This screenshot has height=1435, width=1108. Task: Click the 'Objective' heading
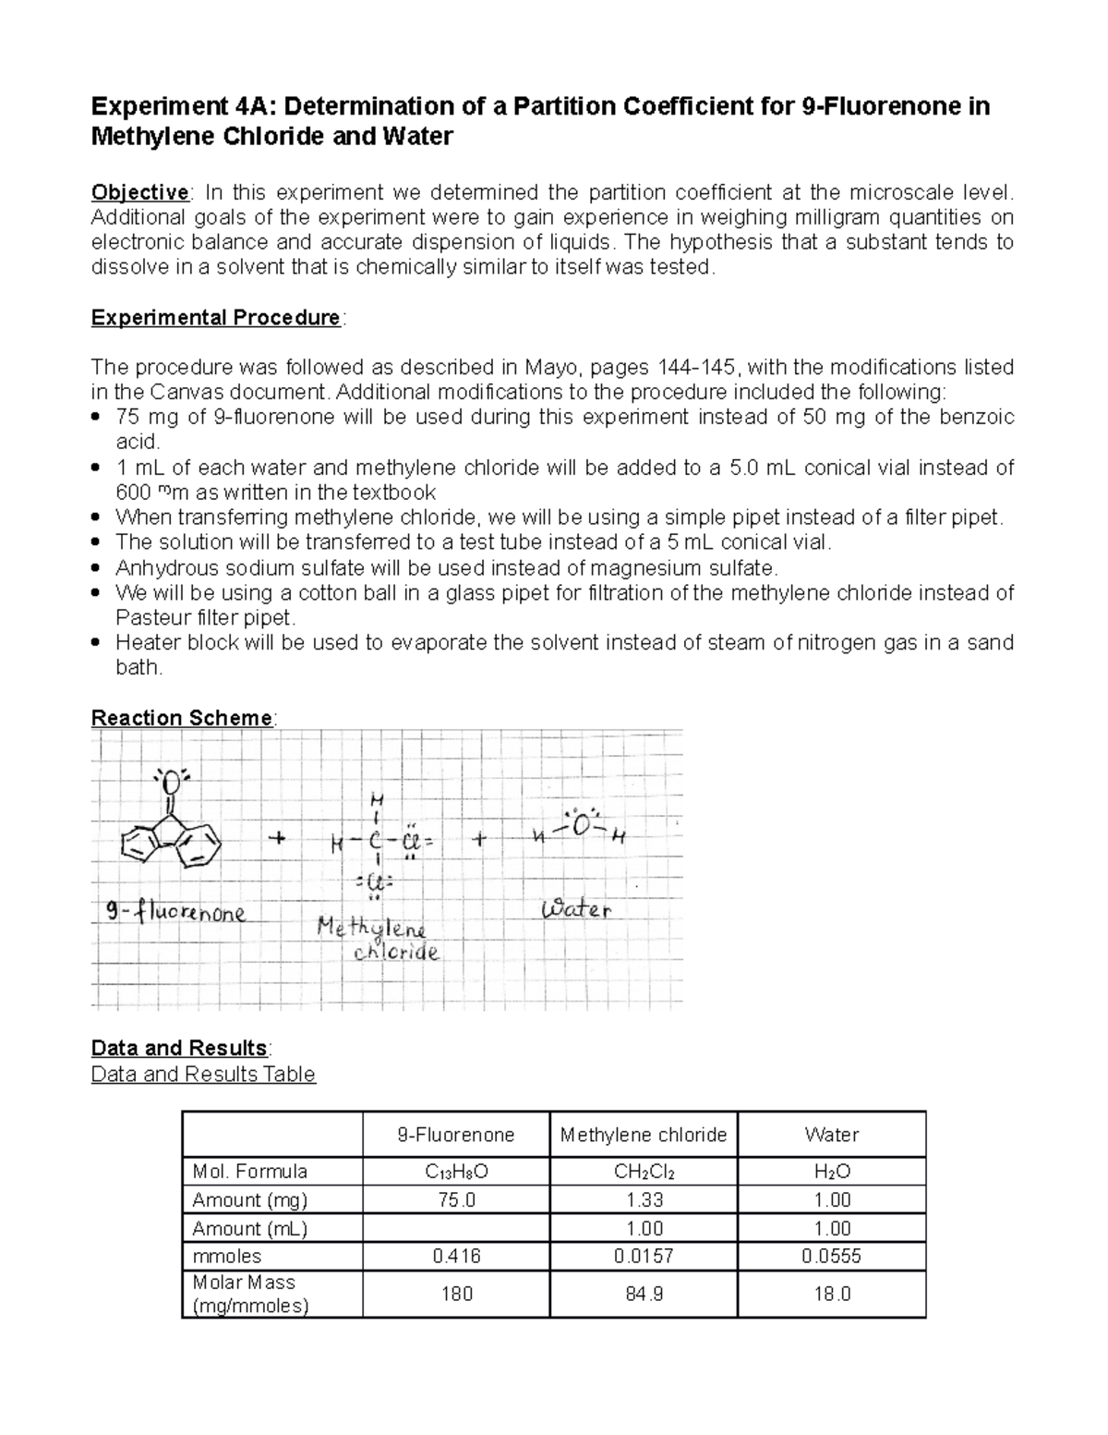pyautogui.click(x=139, y=192)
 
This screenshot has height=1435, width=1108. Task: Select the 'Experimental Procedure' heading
pyautogui.click(x=216, y=318)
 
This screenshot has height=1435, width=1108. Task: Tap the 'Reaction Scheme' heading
pyautogui.click(x=182, y=718)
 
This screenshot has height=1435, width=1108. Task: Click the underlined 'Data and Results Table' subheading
pyautogui.click(x=203, y=1074)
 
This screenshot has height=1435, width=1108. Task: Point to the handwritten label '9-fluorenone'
pyautogui.click(x=175, y=913)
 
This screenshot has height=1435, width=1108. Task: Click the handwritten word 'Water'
pyautogui.click(x=576, y=909)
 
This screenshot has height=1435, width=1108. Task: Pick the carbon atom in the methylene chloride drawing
pyautogui.click(x=375, y=843)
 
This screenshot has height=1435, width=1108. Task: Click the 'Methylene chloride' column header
pyautogui.click(x=643, y=1135)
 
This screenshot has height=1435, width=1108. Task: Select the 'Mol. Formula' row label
pyautogui.click(x=249, y=1172)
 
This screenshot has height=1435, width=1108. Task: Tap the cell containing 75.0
pyautogui.click(x=456, y=1199)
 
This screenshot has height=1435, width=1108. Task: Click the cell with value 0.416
pyautogui.click(x=456, y=1256)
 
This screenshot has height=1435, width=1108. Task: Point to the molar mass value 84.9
pyautogui.click(x=644, y=1294)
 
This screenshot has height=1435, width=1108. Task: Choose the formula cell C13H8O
pyautogui.click(x=456, y=1172)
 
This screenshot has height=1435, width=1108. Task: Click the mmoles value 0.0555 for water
pyautogui.click(x=831, y=1256)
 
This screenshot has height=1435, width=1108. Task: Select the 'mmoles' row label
pyautogui.click(x=227, y=1256)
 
